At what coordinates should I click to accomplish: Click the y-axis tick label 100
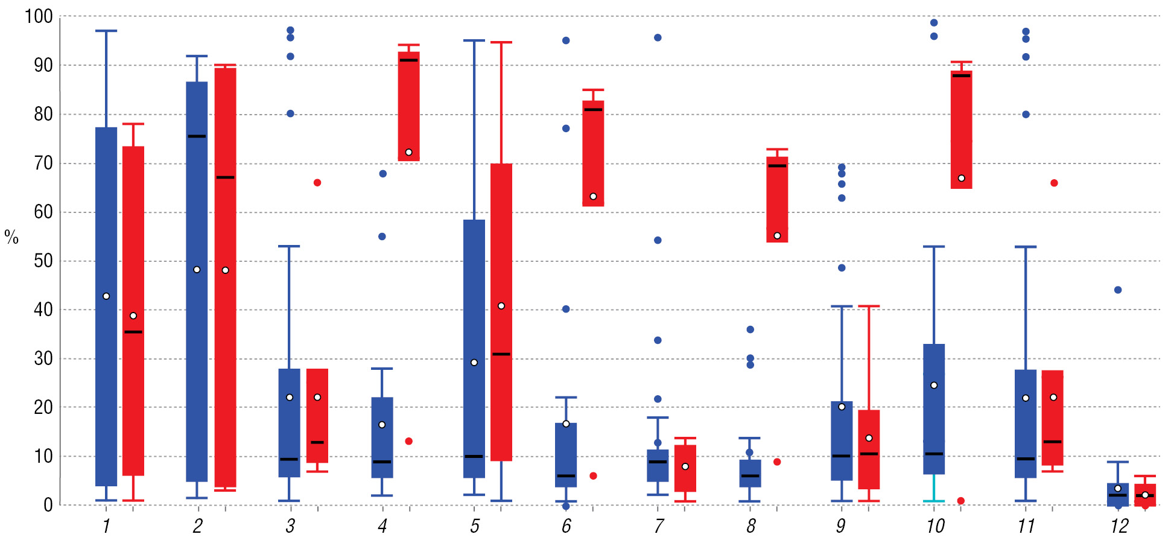click(x=39, y=16)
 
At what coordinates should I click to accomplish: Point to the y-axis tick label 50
click(x=43, y=261)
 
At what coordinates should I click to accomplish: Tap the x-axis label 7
click(x=659, y=526)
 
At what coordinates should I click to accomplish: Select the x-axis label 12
click(x=1119, y=526)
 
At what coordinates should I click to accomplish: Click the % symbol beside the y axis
click(x=11, y=237)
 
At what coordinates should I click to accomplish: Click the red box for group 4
click(x=409, y=106)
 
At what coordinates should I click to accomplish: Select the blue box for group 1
click(x=106, y=307)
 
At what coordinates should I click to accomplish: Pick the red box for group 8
click(x=777, y=199)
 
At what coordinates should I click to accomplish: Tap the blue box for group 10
click(x=934, y=409)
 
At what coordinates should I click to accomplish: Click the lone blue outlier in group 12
click(x=1118, y=290)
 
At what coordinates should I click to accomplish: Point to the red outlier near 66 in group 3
click(x=317, y=183)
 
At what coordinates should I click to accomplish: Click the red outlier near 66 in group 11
click(x=1054, y=183)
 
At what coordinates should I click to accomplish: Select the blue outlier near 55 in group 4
click(x=382, y=237)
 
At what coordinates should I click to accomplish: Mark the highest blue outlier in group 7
click(x=658, y=38)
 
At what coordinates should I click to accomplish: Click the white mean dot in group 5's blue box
click(x=474, y=363)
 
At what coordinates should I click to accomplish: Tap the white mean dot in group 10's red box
click(x=962, y=179)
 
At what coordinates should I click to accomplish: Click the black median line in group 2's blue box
click(x=197, y=136)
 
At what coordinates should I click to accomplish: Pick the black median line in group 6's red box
click(x=593, y=110)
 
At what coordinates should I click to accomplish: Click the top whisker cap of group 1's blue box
click(x=106, y=31)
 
